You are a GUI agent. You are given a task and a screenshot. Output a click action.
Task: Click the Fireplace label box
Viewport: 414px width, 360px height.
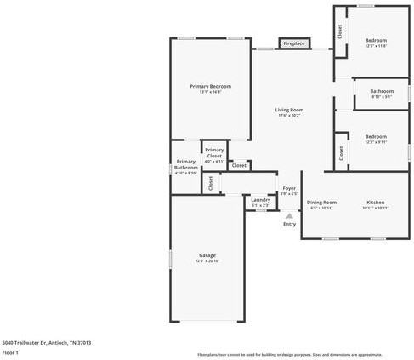coord(294,43)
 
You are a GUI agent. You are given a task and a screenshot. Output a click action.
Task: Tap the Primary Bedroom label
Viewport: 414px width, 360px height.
coord(210,86)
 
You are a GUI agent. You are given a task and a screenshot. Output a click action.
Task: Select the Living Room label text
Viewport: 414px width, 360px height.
coord(289,110)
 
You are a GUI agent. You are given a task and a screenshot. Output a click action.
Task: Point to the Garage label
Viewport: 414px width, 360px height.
coord(207,254)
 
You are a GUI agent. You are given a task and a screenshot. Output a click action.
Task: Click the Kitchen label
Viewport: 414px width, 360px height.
coord(375,202)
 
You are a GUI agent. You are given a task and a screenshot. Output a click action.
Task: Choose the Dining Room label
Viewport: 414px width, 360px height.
coord(323,202)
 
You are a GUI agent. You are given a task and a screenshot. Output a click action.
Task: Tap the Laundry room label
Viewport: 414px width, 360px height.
coord(260,200)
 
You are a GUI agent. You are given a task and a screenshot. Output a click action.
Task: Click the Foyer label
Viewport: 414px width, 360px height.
coord(289,189)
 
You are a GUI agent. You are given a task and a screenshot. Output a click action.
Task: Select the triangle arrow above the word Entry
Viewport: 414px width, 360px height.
coord(289,215)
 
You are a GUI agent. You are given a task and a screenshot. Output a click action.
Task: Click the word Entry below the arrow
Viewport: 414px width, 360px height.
coord(289,225)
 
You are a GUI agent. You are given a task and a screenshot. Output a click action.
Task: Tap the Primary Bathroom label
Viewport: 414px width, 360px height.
coord(186,164)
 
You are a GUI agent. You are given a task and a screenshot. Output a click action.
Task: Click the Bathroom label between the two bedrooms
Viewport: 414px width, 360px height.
coord(382,91)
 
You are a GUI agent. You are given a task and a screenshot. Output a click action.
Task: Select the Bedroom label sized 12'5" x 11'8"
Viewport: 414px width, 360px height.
coord(376,40)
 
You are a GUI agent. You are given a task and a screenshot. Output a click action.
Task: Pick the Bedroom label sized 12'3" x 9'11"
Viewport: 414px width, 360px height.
coord(376,136)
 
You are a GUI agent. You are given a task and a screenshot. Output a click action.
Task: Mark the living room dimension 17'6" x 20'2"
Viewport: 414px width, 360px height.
coord(289,116)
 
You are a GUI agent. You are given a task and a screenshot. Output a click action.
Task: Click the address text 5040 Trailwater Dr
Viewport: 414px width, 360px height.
coord(47,342)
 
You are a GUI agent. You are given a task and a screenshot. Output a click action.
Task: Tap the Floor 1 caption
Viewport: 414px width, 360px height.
coord(11,351)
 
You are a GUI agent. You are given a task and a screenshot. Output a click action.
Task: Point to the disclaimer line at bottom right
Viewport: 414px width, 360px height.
coord(290,354)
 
